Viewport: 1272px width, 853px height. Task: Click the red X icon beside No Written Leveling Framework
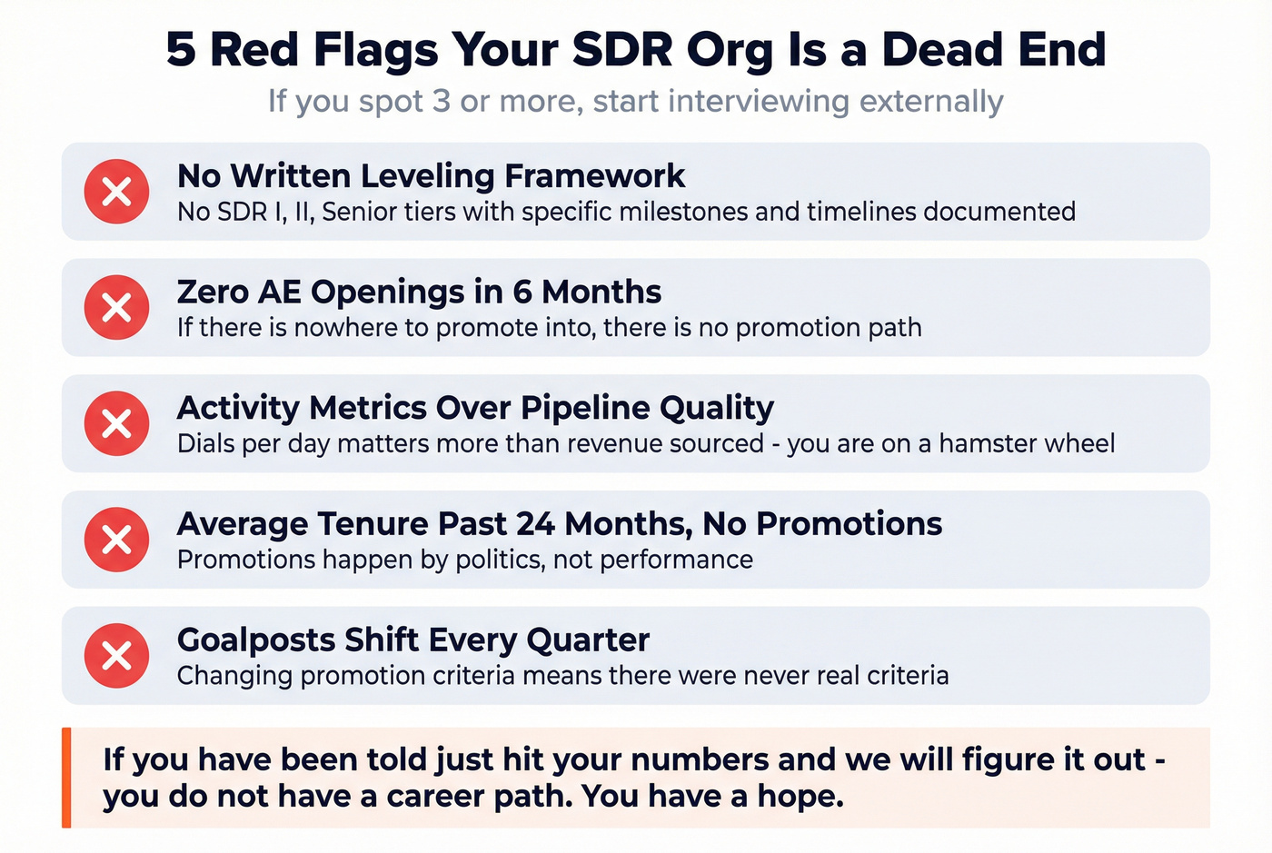tap(116, 192)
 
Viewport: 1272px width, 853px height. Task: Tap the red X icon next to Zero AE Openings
tap(116, 308)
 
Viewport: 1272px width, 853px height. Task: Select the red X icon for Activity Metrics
tap(116, 423)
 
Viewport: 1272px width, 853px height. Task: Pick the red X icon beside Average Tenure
tap(116, 540)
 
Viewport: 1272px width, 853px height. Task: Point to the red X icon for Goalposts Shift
tap(116, 655)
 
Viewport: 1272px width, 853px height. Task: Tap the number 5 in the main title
tap(181, 49)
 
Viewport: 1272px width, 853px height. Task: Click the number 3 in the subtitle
tap(441, 101)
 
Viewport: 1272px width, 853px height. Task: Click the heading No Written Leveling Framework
tap(431, 175)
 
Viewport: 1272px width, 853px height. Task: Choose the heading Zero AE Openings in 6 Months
tap(419, 292)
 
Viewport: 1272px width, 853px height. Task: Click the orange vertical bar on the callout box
tap(66, 778)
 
